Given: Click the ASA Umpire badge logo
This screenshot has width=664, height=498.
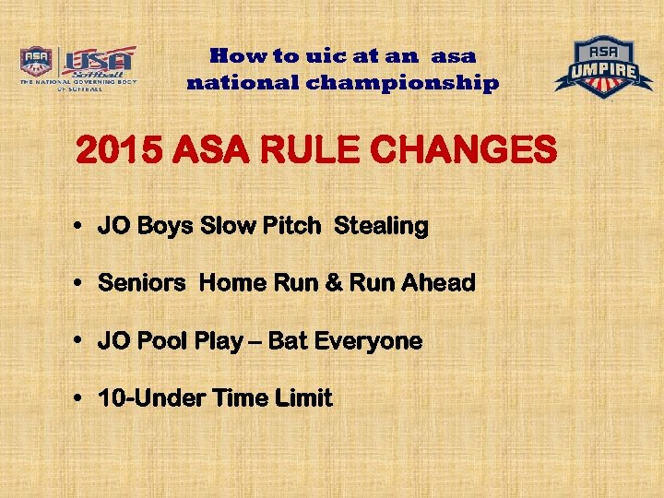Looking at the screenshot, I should pyautogui.click(x=603, y=66).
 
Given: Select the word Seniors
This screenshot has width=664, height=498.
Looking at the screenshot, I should pyautogui.click(x=141, y=284).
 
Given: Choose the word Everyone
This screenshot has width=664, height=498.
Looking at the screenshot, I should pyautogui.click(x=368, y=341).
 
